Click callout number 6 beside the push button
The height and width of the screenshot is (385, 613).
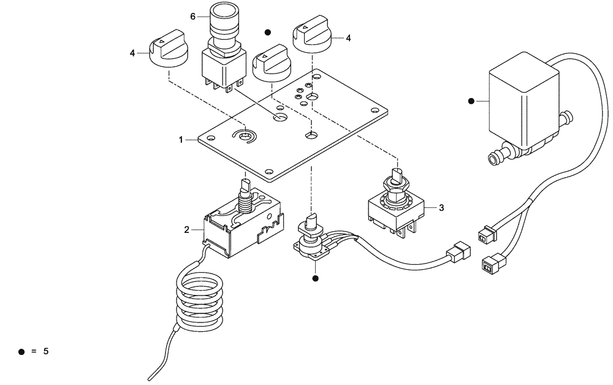pos(192,17)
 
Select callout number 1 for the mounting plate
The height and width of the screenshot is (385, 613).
pos(181,140)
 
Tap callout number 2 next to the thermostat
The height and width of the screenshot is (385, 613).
pos(186,230)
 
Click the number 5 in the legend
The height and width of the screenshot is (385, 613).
pos(45,352)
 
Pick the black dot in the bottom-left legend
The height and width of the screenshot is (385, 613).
pos(21,352)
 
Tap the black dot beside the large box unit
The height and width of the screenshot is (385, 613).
pos(471,101)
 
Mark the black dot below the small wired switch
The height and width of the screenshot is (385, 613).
pos(316,278)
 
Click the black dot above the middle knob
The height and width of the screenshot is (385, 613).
pos(267,31)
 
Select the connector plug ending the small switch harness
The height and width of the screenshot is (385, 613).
pos(460,251)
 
